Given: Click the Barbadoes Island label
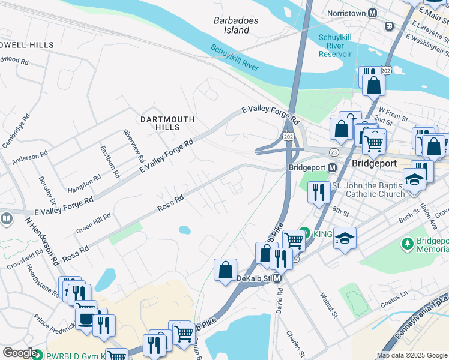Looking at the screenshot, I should coord(236,25).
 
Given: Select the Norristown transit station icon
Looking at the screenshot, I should coord(373,13).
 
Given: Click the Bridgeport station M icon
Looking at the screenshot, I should coord(331,167).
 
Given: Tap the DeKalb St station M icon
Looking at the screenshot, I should coord(277,278).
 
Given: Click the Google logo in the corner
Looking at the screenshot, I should coord(19,353).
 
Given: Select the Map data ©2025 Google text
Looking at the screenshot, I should coord(411,355).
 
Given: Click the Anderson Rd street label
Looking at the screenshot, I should coord(29,155).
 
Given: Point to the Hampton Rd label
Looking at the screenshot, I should coord(85,181).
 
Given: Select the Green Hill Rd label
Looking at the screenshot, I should coord(94,224).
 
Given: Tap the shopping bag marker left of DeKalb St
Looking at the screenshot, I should coord(225,270).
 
